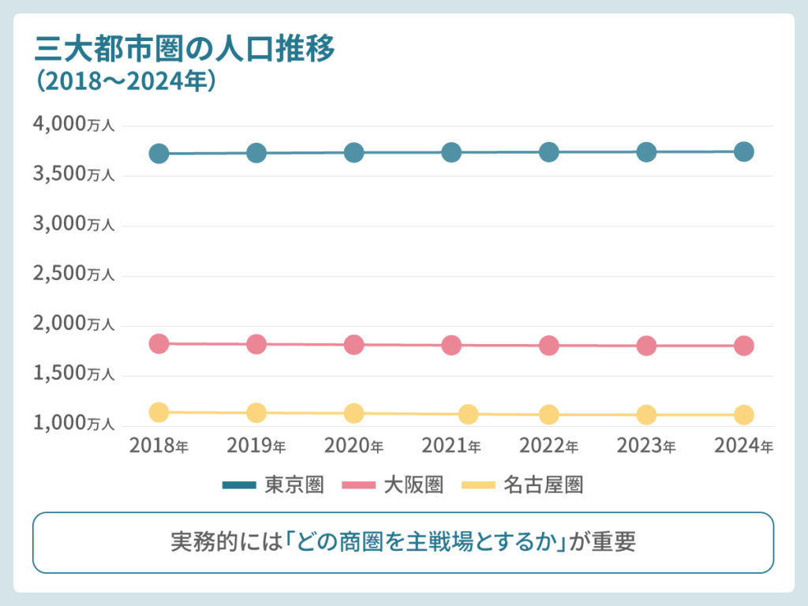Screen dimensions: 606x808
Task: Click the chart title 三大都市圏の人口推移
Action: pyautogui.click(x=185, y=49)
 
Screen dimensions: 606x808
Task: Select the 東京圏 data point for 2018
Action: pyautogui.click(x=159, y=153)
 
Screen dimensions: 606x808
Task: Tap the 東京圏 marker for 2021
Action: pyautogui.click(x=451, y=152)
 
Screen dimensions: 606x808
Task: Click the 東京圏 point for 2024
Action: pyautogui.click(x=744, y=151)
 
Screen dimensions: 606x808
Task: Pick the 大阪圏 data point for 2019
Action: pyautogui.click(x=256, y=344)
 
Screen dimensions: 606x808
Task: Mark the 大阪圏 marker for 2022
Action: pyautogui.click(x=549, y=346)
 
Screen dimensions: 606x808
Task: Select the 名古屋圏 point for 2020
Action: pyautogui.click(x=354, y=413)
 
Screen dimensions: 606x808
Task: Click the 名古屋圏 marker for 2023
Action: pyautogui.click(x=646, y=414)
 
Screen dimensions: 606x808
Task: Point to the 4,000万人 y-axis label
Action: pyautogui.click(x=74, y=125)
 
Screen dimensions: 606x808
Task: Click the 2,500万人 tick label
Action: pyautogui.click(x=74, y=274)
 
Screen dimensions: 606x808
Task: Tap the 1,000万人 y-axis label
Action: pyautogui.click(x=74, y=424)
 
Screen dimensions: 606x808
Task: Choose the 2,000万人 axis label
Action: pyautogui.click(x=74, y=324)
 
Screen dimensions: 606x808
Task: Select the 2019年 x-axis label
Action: pyautogui.click(x=256, y=446)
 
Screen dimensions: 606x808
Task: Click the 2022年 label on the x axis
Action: pyautogui.click(x=549, y=446)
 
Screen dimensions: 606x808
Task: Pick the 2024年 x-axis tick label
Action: pyautogui.click(x=744, y=446)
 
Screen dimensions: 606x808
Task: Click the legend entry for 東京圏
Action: pyautogui.click(x=274, y=485)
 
